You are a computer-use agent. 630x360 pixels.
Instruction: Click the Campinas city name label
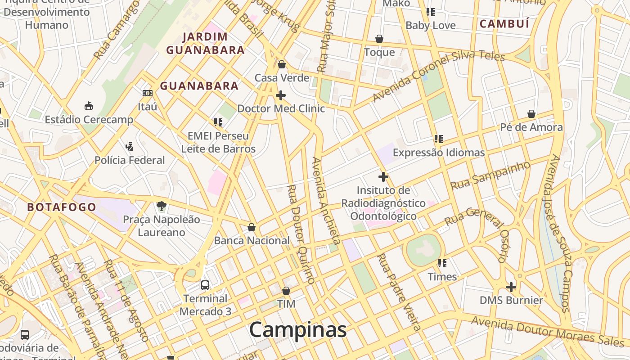point(298,330)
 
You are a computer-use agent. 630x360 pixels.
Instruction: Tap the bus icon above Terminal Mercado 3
point(205,285)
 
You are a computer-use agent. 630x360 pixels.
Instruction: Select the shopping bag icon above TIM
point(286,291)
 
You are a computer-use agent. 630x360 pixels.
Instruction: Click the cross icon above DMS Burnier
point(511,287)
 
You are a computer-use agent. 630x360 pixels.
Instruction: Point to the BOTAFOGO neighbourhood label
point(62,207)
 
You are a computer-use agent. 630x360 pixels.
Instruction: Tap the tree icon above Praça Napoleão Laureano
point(161,206)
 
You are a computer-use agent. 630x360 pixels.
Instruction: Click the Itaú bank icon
point(148,93)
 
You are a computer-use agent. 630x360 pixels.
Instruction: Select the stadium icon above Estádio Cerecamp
point(89,106)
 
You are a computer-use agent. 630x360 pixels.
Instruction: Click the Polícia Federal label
point(130,160)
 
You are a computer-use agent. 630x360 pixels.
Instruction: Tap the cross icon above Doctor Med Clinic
point(281,95)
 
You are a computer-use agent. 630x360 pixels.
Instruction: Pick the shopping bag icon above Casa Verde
point(282,65)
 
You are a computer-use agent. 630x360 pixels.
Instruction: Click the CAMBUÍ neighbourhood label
point(504,24)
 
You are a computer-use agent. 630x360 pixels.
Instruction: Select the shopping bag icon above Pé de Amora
point(531,114)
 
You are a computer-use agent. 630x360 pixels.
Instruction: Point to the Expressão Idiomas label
point(439,153)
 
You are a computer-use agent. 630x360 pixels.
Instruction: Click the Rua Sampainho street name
point(490,175)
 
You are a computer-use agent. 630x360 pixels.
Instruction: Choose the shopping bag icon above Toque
point(379,39)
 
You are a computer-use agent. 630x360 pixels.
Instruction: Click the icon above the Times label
point(442,263)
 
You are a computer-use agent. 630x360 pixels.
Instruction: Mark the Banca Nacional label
point(252,240)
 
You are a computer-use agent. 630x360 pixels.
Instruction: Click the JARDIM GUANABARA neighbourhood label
point(205,43)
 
